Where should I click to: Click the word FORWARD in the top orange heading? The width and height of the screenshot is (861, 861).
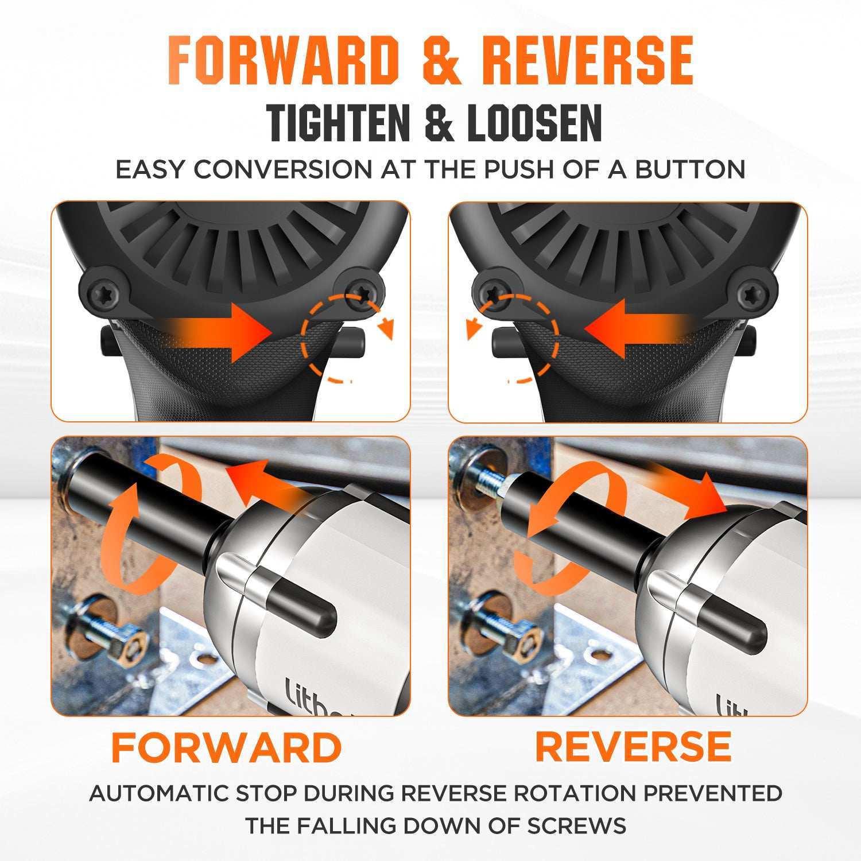[x=283, y=60]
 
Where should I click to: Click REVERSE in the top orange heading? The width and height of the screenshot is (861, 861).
[x=587, y=60]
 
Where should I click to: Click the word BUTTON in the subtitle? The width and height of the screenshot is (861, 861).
[x=690, y=169]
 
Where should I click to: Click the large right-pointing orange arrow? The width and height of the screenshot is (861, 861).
[x=218, y=332]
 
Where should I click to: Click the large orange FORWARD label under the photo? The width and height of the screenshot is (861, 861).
[x=227, y=747]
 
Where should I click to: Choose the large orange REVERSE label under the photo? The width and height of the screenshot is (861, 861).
[x=633, y=746]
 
